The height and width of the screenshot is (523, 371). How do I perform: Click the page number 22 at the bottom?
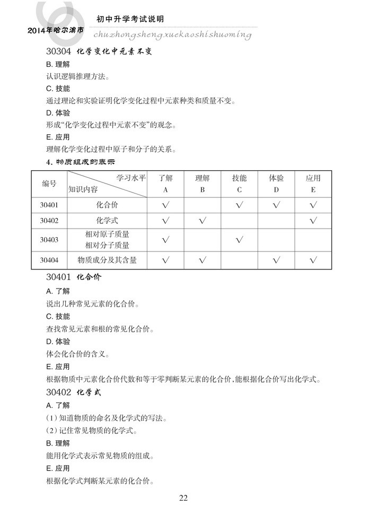click(x=183, y=498)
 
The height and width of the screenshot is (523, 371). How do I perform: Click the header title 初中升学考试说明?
click(x=130, y=19)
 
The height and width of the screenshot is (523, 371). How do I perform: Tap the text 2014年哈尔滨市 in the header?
click(x=56, y=31)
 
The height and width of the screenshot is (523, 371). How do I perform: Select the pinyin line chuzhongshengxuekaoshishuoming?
click(x=172, y=34)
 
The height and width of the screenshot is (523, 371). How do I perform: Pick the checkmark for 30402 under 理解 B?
click(x=202, y=220)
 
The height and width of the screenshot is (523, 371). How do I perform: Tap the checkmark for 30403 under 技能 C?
click(x=239, y=240)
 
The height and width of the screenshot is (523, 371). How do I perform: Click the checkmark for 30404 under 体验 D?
click(x=276, y=259)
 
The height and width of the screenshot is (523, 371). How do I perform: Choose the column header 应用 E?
click(x=313, y=184)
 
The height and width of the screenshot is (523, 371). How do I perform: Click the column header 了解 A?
click(x=165, y=184)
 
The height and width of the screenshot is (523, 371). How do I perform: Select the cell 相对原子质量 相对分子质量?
click(x=107, y=240)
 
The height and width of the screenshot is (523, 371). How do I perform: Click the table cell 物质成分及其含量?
click(x=107, y=259)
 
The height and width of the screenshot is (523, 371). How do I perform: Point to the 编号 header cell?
click(x=49, y=184)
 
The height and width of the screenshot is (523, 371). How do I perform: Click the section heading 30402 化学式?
click(x=74, y=393)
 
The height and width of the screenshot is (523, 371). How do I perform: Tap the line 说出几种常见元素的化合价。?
click(x=92, y=304)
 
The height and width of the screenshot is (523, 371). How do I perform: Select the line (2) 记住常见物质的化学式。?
click(x=92, y=430)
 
